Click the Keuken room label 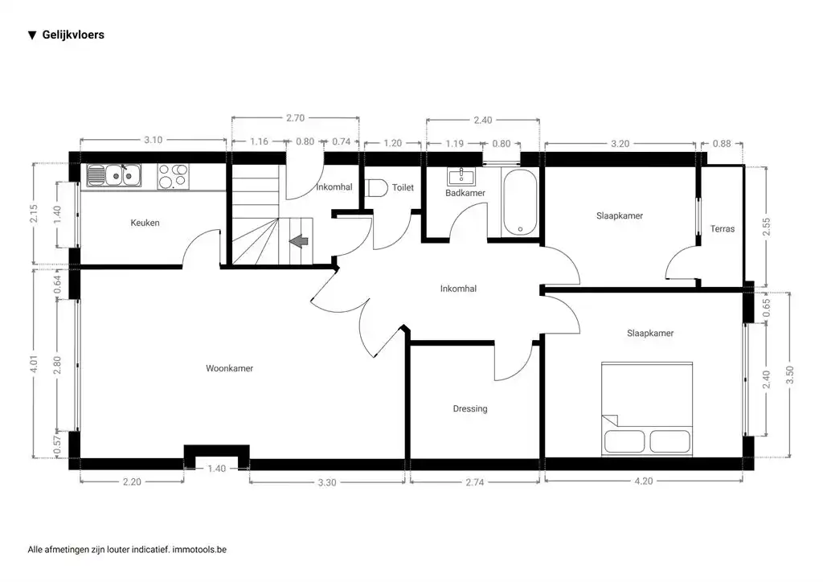point(145,223)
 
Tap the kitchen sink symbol point(113,174)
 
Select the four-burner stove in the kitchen point(173,176)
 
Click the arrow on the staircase point(298,240)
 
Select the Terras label point(722,229)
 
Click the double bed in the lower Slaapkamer point(647,408)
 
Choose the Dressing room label point(470,408)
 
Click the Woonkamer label point(229,368)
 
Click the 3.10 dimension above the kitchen point(153,140)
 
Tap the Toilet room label point(403,187)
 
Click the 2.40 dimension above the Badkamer point(482,121)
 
